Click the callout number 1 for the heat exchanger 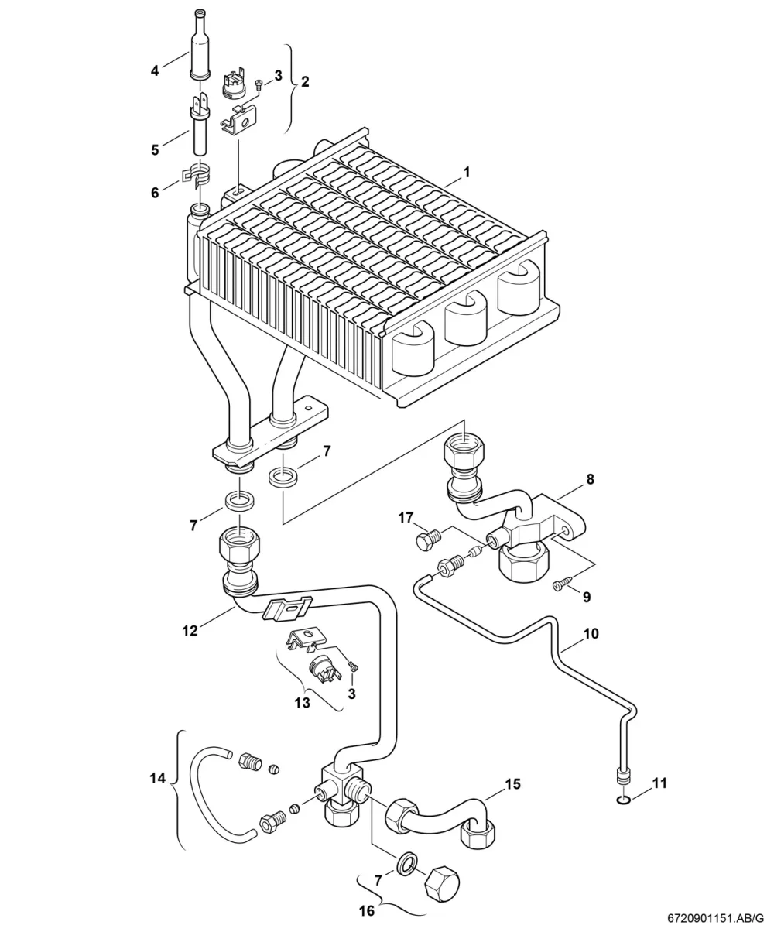tap(467, 172)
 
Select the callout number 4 tap(155, 71)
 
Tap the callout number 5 tap(155, 150)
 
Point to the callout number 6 tap(155, 193)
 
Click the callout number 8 tap(590, 479)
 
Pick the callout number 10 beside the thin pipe tap(591, 633)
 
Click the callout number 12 tap(190, 631)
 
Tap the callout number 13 tap(302, 703)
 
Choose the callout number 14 tap(158, 779)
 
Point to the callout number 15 tap(513, 784)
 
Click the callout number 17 tap(406, 518)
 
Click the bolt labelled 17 tap(427, 540)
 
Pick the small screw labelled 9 tap(563, 585)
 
